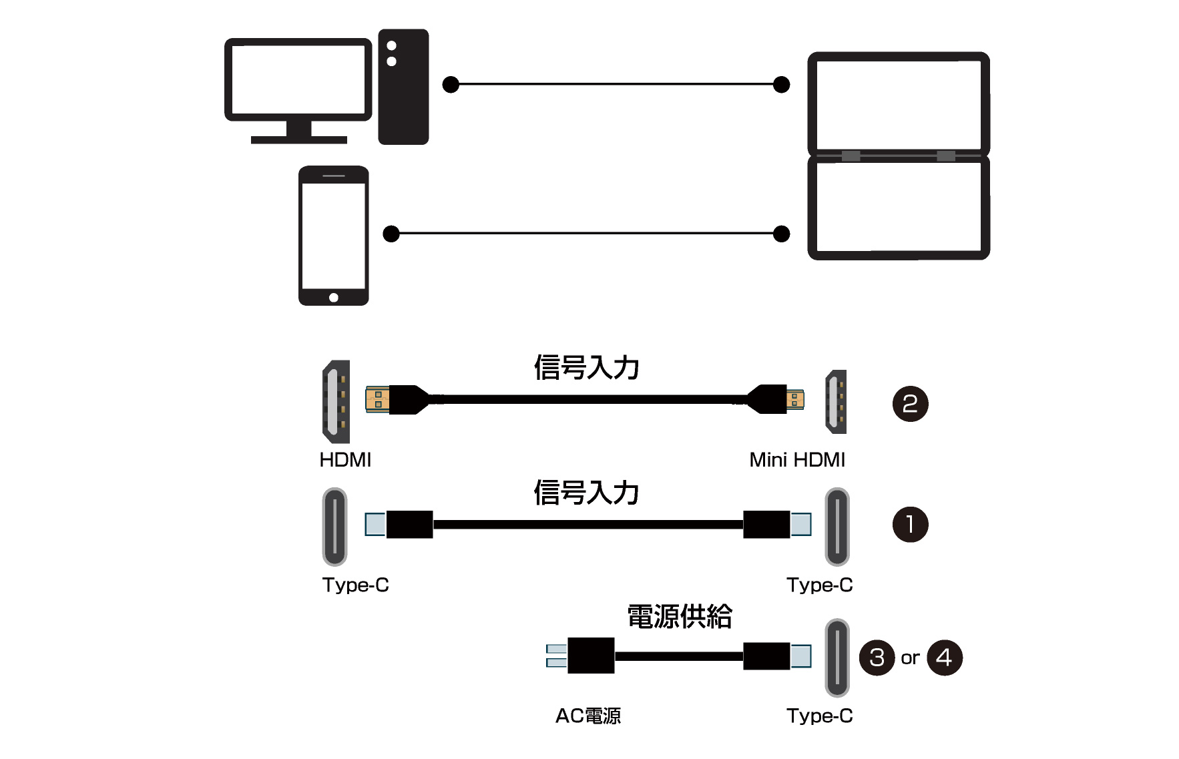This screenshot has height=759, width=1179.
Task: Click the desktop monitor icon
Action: tap(298, 81)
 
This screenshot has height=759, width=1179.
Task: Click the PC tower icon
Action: tap(403, 87)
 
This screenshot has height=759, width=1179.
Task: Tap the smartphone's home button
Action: tap(334, 298)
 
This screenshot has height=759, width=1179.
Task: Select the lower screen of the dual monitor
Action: tap(899, 208)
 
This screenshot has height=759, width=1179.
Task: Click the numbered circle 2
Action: tap(910, 404)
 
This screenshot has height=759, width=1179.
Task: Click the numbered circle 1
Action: tap(910, 525)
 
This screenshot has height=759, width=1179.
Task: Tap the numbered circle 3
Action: tap(877, 658)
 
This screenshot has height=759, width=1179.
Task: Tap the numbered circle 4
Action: tap(945, 658)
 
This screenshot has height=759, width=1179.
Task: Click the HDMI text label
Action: tap(345, 460)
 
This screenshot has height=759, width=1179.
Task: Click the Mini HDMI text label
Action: tap(797, 460)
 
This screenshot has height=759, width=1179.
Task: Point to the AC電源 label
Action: tap(588, 716)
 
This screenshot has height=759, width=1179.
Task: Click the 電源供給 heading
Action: tap(680, 616)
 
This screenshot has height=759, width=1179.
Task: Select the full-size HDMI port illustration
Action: tap(336, 401)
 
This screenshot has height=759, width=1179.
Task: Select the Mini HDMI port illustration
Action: tap(836, 401)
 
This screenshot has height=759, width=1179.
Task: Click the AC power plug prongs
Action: tap(556, 656)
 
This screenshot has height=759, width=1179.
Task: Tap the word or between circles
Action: tap(910, 658)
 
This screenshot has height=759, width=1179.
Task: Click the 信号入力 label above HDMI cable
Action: tap(586, 368)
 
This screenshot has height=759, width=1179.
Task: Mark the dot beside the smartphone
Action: tap(391, 234)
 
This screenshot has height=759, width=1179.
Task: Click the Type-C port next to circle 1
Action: tap(837, 527)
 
